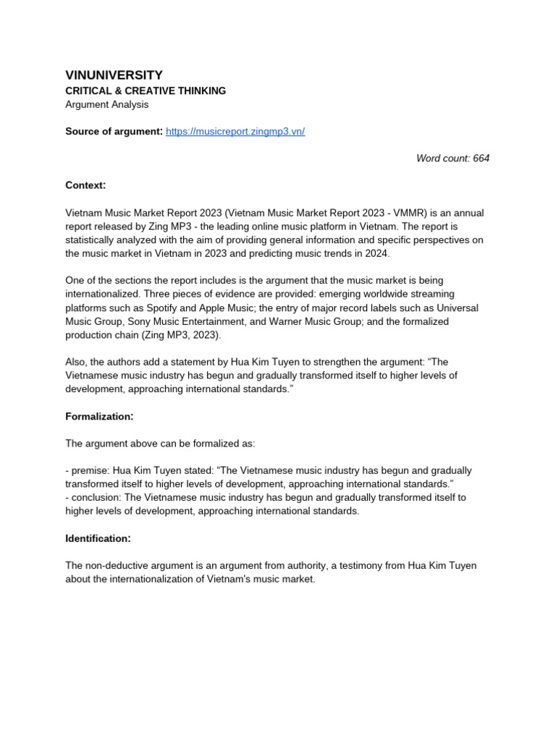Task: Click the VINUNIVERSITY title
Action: (114, 75)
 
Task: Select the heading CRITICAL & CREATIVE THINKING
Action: (146, 90)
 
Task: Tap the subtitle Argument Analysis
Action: (106, 104)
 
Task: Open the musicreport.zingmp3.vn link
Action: (235, 131)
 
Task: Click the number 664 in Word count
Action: (481, 158)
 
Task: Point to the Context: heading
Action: (85, 185)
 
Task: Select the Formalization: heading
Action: (99, 416)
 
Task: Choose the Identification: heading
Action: (98, 538)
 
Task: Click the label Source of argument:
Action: (114, 131)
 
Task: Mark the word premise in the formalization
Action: (88, 470)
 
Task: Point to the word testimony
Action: (376, 565)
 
